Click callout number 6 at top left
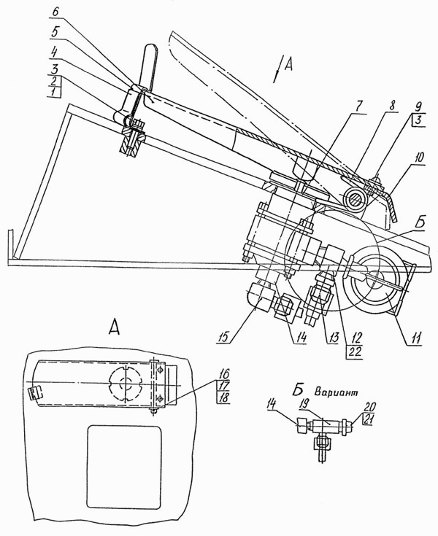click(x=55, y=11)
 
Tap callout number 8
click(x=393, y=106)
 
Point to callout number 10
click(x=419, y=158)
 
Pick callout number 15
click(x=225, y=337)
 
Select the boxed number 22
click(x=355, y=351)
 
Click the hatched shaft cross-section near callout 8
click(x=355, y=199)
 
